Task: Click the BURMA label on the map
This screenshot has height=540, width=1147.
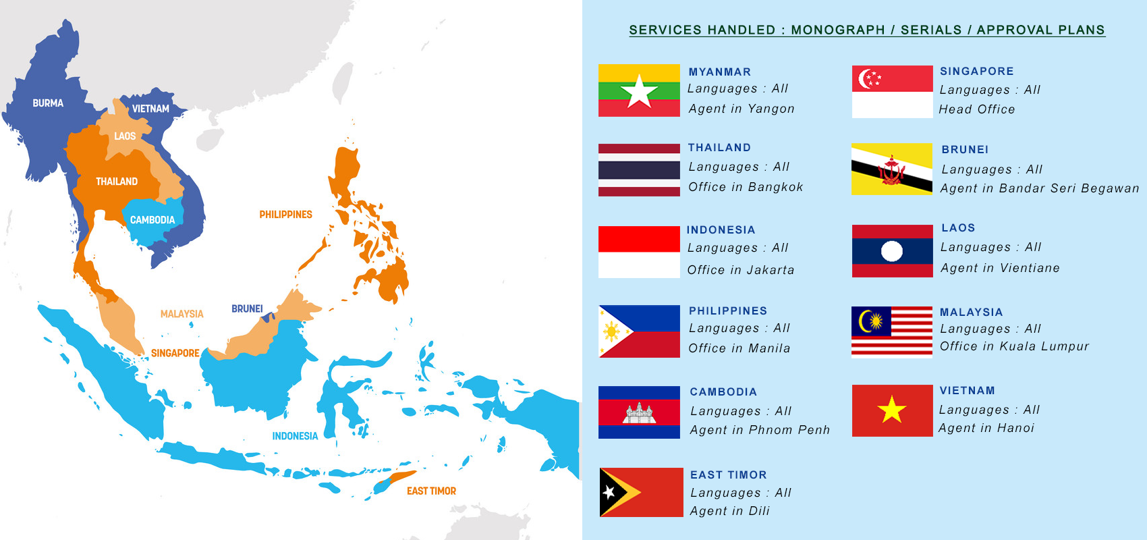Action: pyautogui.click(x=48, y=103)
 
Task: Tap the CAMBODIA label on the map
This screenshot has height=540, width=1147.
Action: pyautogui.click(x=152, y=220)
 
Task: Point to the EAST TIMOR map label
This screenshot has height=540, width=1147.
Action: pyautogui.click(x=431, y=491)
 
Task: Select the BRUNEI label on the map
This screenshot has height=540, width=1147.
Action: pyautogui.click(x=247, y=308)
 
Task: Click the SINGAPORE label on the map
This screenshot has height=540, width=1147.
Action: pyautogui.click(x=175, y=353)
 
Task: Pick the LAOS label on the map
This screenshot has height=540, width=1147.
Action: pyautogui.click(x=125, y=136)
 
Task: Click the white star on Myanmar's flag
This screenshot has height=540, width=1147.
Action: pyautogui.click(x=639, y=92)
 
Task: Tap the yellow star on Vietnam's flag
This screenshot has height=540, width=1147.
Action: pyautogui.click(x=892, y=410)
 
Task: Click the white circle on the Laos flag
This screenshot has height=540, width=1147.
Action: pyautogui.click(x=892, y=251)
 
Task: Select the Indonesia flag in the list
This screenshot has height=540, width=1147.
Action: pyautogui.click(x=639, y=252)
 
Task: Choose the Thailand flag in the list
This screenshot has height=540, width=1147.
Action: pyautogui.click(x=639, y=170)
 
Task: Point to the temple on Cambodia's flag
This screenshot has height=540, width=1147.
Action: pyautogui.click(x=639, y=412)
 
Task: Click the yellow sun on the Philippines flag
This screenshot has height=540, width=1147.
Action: pyautogui.click(x=612, y=331)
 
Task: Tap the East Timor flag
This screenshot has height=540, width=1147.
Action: pyautogui.click(x=641, y=492)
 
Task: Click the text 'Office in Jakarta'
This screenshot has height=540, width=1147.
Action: pyautogui.click(x=741, y=270)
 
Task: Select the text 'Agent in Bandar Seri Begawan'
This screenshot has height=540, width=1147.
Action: pyautogui.click(x=1040, y=188)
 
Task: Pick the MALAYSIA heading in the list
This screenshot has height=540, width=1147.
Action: pyautogui.click(x=972, y=312)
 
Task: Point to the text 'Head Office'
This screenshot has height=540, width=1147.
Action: pyautogui.click(x=977, y=109)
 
